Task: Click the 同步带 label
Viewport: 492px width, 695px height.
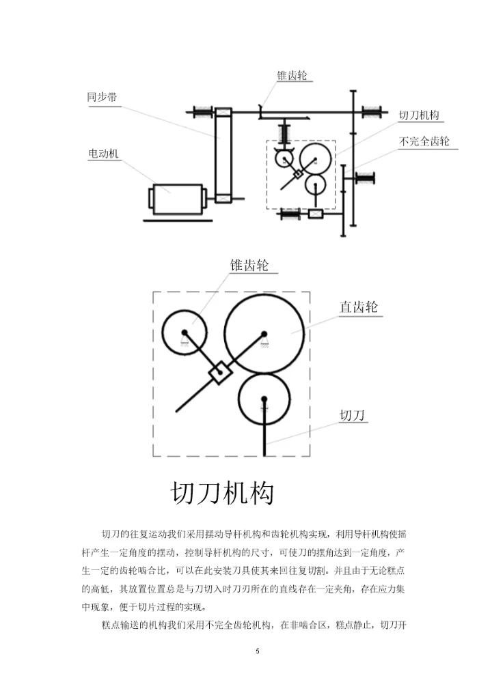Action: (102, 97)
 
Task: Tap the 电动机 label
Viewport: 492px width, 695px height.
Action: (103, 154)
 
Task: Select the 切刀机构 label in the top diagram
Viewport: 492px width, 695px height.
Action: (419, 115)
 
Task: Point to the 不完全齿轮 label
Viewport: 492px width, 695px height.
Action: (424, 141)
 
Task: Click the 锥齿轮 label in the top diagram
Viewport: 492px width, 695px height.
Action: (292, 75)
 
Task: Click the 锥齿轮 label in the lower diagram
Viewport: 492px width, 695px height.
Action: (249, 265)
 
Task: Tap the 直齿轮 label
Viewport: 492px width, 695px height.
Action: (359, 307)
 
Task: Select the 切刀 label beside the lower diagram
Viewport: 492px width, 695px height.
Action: (352, 415)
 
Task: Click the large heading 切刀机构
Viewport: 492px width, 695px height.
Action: (222, 493)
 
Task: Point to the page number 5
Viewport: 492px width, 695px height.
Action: (258, 651)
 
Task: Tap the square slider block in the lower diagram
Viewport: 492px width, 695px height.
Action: (220, 372)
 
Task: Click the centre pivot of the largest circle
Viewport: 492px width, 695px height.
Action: (264, 334)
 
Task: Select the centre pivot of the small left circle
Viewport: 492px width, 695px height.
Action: (184, 332)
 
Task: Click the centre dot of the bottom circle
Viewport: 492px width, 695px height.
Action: (264, 399)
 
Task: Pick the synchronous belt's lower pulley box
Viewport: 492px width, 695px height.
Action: (223, 199)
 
